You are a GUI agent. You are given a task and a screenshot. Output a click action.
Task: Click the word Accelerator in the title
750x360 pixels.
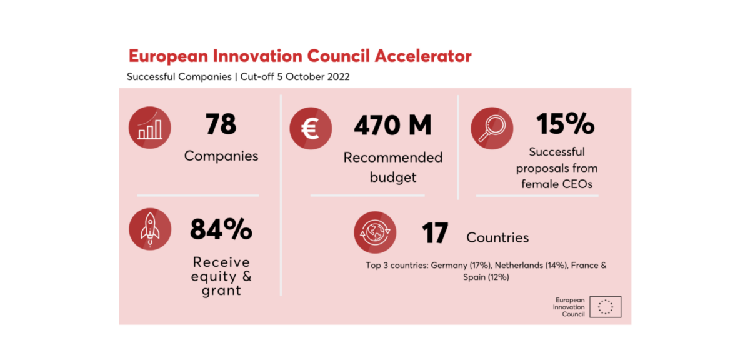click(423, 56)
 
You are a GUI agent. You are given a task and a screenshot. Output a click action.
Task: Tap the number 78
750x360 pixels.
click(221, 124)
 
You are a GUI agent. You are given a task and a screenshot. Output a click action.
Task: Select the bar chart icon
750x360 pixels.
click(149, 127)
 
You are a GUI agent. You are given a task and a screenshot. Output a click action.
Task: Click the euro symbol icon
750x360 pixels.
click(311, 128)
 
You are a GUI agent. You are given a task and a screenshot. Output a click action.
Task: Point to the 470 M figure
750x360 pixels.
click(392, 125)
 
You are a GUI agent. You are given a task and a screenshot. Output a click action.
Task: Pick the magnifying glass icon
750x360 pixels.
click(492, 128)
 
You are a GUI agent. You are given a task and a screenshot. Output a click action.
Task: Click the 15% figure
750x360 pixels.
click(565, 124)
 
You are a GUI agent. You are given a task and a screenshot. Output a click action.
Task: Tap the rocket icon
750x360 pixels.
click(150, 229)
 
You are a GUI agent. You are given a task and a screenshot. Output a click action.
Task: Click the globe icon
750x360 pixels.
click(375, 232)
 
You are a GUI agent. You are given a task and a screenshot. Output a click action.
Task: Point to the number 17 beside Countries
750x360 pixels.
click(435, 232)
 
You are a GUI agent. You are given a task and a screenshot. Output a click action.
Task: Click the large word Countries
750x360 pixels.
click(497, 237)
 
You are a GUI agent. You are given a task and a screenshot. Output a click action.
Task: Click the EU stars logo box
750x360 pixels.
click(606, 307)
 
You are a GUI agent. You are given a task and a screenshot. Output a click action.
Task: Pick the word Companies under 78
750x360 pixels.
click(221, 156)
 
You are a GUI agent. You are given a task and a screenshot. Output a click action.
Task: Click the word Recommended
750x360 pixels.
click(393, 157)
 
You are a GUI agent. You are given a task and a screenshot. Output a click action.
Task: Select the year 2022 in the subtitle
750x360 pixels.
click(338, 77)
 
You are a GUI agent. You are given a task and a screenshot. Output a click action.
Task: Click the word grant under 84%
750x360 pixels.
click(221, 291)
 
